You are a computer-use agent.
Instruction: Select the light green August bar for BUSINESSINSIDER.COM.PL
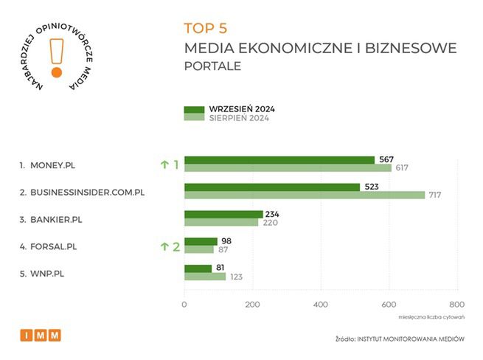pyautogui.click(x=305, y=195)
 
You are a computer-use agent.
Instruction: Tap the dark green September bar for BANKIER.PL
pyautogui.click(x=223, y=214)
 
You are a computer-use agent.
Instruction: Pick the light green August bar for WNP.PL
pyautogui.click(x=204, y=276)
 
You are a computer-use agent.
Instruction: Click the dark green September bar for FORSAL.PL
pyautogui.click(x=201, y=241)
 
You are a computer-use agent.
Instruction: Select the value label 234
pyautogui.click(x=273, y=214)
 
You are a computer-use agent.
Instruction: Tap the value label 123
pyautogui.click(x=236, y=277)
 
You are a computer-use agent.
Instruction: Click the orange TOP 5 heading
pyautogui.click(x=206, y=28)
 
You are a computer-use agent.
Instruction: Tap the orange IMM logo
pyautogui.click(x=41, y=336)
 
